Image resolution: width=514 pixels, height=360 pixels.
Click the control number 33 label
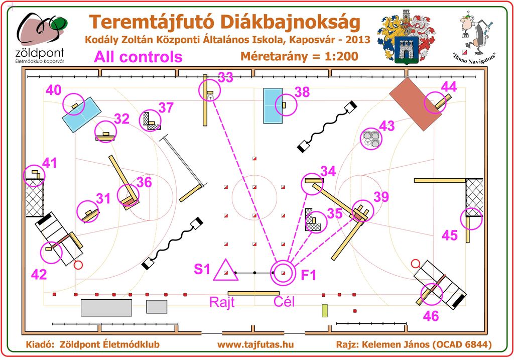225,77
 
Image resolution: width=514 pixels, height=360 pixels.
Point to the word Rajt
222,302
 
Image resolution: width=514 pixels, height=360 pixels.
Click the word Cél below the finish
284,302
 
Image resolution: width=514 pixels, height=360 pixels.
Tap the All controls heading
138,57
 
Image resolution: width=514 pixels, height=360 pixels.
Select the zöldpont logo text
40,53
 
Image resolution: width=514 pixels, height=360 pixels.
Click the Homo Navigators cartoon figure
474,33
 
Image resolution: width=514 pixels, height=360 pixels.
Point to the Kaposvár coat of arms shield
406,48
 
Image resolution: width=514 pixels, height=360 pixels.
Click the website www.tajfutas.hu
255,344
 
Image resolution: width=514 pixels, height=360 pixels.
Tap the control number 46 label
431,316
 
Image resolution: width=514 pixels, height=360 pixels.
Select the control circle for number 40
73,93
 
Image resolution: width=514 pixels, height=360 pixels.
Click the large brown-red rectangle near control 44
415,104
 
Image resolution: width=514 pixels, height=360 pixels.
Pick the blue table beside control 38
273,105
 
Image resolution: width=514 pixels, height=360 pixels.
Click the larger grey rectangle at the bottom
106,308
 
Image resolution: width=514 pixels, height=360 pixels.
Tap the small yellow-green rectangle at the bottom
325,310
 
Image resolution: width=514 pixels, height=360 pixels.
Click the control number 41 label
50,163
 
